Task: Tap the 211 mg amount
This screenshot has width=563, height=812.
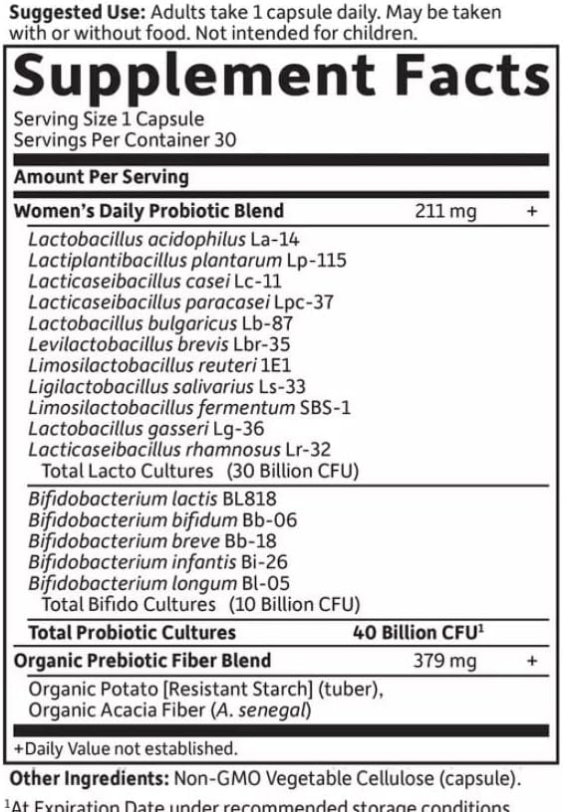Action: [445, 211]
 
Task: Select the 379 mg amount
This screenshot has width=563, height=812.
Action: [445, 661]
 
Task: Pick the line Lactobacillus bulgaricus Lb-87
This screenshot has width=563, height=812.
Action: [160, 323]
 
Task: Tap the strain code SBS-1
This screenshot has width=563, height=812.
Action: [325, 408]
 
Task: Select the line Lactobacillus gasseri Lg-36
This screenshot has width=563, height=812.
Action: [146, 429]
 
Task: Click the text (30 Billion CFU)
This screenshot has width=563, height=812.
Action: [292, 471]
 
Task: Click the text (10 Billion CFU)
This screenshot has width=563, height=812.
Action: [294, 604]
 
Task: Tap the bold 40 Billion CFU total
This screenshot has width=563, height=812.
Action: [418, 633]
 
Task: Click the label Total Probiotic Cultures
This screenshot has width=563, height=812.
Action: [132, 633]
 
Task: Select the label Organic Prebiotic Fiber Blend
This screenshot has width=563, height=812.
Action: [141, 661]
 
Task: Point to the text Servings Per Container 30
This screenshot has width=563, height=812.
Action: [125, 140]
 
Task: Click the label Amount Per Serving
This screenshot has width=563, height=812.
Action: [101, 177]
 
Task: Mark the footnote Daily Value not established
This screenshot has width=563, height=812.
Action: [126, 748]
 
